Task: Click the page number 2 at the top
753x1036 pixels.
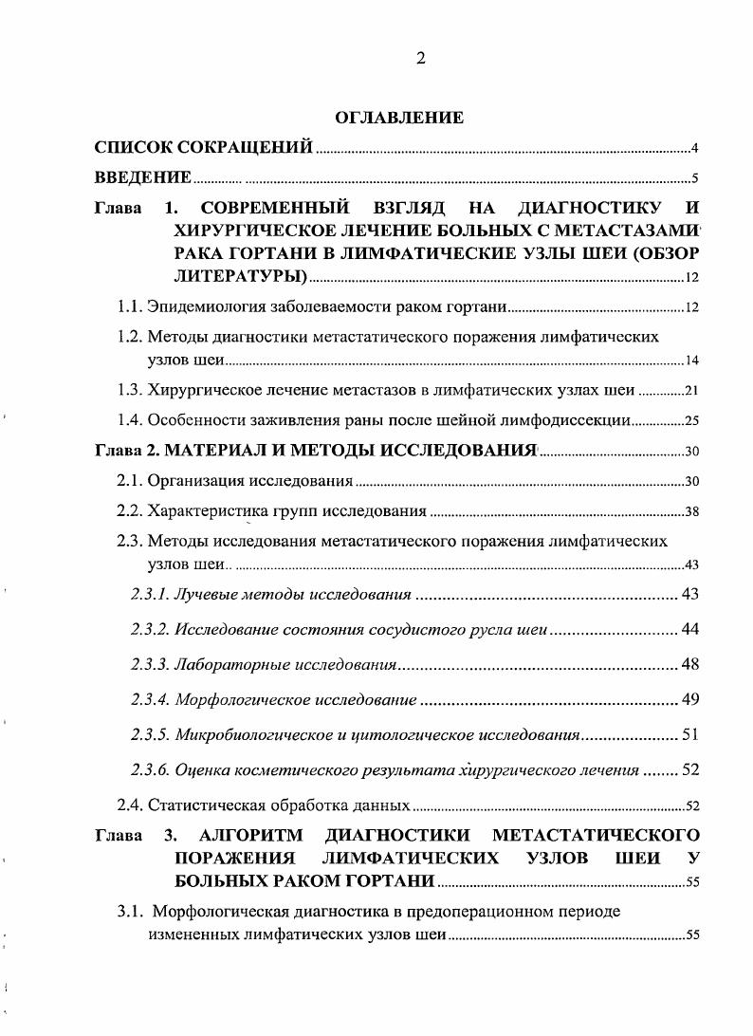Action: click(419, 58)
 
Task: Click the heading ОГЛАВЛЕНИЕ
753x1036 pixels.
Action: click(399, 118)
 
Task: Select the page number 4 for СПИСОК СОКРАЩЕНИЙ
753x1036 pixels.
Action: click(694, 148)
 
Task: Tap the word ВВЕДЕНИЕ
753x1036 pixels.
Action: click(143, 177)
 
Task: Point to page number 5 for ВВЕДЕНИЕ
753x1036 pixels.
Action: click(694, 178)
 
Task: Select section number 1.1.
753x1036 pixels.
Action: click(129, 307)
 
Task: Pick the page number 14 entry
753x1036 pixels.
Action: click(691, 361)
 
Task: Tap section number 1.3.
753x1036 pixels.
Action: click(129, 389)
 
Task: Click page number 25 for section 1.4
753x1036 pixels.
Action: click(691, 420)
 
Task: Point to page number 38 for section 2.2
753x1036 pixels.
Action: click(691, 512)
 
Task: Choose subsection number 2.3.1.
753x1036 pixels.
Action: click(150, 595)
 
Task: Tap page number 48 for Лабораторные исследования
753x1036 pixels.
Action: click(690, 663)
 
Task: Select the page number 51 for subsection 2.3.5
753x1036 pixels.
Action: click(690, 734)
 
